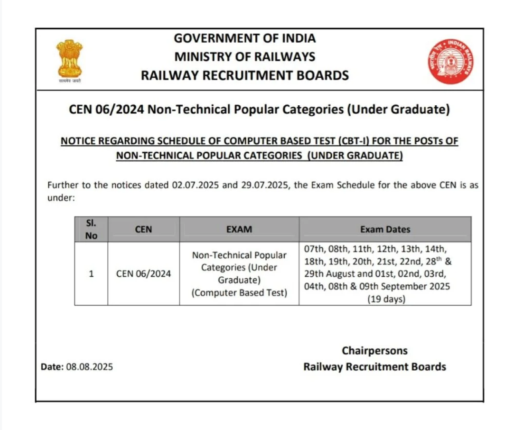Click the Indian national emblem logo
point(69,60)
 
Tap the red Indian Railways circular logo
point(449,61)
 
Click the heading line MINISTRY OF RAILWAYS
point(245,57)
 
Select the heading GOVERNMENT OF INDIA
point(245,38)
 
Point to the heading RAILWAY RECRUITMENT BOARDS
point(245,75)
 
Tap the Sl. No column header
point(91,229)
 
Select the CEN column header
point(143,229)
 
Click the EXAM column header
point(239,229)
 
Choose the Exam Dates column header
point(385,229)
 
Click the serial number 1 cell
point(91,274)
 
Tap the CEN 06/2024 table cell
point(143,274)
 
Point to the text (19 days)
point(385,299)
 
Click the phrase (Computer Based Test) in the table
point(239,293)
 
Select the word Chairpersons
point(375,350)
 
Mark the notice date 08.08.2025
point(89,367)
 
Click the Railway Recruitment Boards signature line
point(375,366)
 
